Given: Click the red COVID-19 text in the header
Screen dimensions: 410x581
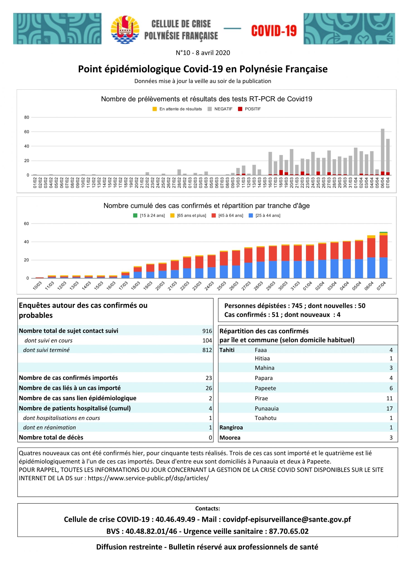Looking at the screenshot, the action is [x=274, y=31].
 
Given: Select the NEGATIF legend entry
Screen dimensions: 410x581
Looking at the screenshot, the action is [x=220, y=109].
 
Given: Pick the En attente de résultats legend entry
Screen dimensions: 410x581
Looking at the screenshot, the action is [x=177, y=109].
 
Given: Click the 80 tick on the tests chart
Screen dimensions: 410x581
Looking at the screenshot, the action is [x=27, y=117].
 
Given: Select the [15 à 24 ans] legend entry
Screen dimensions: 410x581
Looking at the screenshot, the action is [x=149, y=216].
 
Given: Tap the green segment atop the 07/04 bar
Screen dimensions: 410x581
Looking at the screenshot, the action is [x=383, y=232].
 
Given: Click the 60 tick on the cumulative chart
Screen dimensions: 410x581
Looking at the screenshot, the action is [x=27, y=224].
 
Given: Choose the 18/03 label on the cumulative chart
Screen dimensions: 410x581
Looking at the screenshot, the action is [x=136, y=286].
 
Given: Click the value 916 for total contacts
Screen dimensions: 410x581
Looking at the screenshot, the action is [x=207, y=331].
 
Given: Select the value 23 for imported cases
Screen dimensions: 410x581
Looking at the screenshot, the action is [x=209, y=378].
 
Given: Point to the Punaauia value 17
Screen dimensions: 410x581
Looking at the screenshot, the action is [x=389, y=409].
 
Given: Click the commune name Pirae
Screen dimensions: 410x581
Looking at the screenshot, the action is [x=261, y=398].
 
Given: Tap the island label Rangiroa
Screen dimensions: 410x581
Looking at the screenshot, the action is [x=231, y=427].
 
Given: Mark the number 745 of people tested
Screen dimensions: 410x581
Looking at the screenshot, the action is [x=297, y=306].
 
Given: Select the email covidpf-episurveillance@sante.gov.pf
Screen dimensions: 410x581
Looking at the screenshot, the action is [x=287, y=519].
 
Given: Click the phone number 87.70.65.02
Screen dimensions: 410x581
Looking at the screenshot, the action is [x=289, y=531].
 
